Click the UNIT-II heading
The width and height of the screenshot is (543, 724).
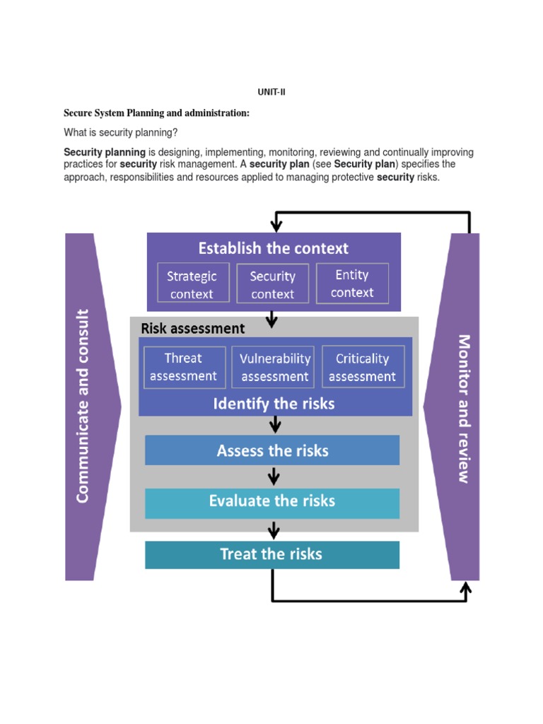tap(271, 92)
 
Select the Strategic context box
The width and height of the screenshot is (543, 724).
tap(193, 284)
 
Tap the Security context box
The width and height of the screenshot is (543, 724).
tap(273, 284)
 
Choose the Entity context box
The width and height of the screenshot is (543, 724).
tap(352, 283)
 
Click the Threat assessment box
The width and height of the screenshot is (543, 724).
tap(185, 367)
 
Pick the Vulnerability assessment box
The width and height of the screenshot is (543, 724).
tap(274, 367)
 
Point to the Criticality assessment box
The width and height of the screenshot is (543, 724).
tap(363, 367)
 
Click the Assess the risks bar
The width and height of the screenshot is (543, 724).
tap(272, 450)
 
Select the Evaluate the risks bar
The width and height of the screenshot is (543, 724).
tap(272, 502)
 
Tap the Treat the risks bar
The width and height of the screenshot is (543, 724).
tap(272, 554)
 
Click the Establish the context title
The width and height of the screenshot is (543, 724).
tap(273, 248)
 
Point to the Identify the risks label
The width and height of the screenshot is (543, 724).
tap(274, 404)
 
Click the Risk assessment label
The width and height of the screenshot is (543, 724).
tap(193, 328)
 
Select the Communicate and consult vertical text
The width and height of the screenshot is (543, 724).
tap(83, 406)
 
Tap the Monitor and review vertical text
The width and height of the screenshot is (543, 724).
tap(464, 408)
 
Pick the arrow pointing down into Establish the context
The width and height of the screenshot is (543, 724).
tap(276, 223)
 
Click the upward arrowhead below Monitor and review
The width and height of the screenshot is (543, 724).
tap(465, 588)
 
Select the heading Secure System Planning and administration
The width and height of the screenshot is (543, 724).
tap(156, 113)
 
